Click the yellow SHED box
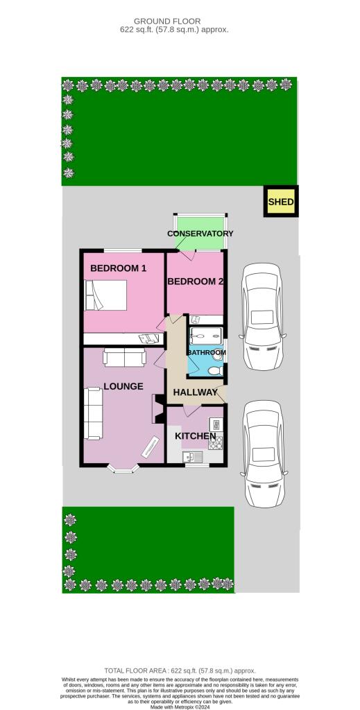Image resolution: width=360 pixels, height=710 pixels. [x=282, y=202]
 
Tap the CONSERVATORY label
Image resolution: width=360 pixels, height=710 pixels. [x=200, y=234]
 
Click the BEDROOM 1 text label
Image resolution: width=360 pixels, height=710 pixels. [x=118, y=268]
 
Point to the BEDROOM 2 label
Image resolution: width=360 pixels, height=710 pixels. [x=196, y=282]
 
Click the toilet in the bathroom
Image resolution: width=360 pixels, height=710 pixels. [x=215, y=371]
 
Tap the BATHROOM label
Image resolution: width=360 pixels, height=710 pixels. [x=207, y=353]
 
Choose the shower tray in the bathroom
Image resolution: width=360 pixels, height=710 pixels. [x=205, y=335]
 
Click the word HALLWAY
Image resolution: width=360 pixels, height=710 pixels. [x=195, y=393]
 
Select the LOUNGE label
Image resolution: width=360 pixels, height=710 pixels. [x=123, y=386]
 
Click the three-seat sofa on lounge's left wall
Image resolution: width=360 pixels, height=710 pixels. [x=92, y=414]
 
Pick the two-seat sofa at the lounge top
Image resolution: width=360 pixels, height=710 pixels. [x=125, y=358]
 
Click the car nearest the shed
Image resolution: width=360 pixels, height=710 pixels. [x=262, y=309]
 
